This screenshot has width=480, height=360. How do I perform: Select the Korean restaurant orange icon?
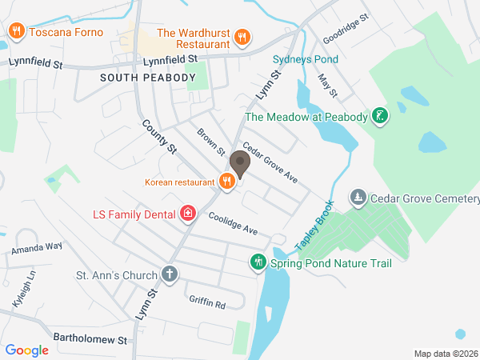tap(227, 182)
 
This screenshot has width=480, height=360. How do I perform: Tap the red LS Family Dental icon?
tap(188, 214)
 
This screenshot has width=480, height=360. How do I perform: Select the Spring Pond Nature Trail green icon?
tap(258, 262)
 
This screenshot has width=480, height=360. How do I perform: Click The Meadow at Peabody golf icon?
tap(381, 117)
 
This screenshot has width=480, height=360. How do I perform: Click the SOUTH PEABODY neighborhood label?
tap(148, 77)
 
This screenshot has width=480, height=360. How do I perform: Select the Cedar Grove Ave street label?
tap(270, 162)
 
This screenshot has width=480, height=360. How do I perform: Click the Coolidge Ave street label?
tap(233, 223)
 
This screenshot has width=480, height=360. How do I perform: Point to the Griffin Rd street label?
tap(207, 303)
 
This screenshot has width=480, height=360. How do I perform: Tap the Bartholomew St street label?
tap(90, 339)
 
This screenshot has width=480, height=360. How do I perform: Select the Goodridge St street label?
tap(345, 28)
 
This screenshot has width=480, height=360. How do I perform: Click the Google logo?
tap(27, 350)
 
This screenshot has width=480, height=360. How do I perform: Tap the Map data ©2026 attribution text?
tap(445, 354)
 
